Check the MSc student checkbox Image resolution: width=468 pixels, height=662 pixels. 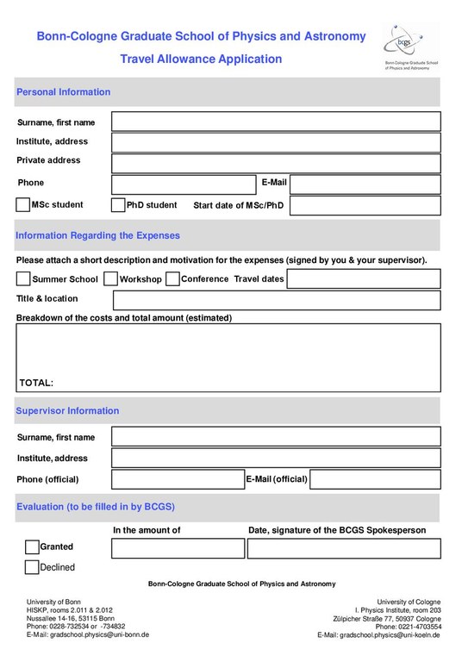(23, 205)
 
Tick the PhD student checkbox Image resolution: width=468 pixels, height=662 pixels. (118, 205)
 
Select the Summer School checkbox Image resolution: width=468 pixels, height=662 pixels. (23, 279)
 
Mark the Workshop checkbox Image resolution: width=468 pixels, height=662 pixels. (110, 279)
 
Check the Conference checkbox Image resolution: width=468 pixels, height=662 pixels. (172, 279)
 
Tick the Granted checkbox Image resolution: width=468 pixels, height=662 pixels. (32, 547)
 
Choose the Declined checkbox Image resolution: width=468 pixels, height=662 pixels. (32, 567)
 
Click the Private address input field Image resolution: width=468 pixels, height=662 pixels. (276, 163)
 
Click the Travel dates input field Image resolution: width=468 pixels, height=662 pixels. (363, 279)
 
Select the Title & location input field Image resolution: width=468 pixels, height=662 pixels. (276, 300)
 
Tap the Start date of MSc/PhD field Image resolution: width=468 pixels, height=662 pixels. (365, 205)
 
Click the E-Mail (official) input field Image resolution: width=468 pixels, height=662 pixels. (375, 479)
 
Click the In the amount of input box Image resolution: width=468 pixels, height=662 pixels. (178, 548)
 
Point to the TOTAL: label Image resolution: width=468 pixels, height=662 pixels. (36, 382)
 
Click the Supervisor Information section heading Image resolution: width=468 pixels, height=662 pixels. (67, 411)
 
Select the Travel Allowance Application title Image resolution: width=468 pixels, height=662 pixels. (201, 59)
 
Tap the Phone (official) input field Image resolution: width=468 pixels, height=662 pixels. (178, 479)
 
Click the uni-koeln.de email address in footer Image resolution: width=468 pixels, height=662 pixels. (378, 634)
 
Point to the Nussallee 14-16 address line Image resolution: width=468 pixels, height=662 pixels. (71, 618)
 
